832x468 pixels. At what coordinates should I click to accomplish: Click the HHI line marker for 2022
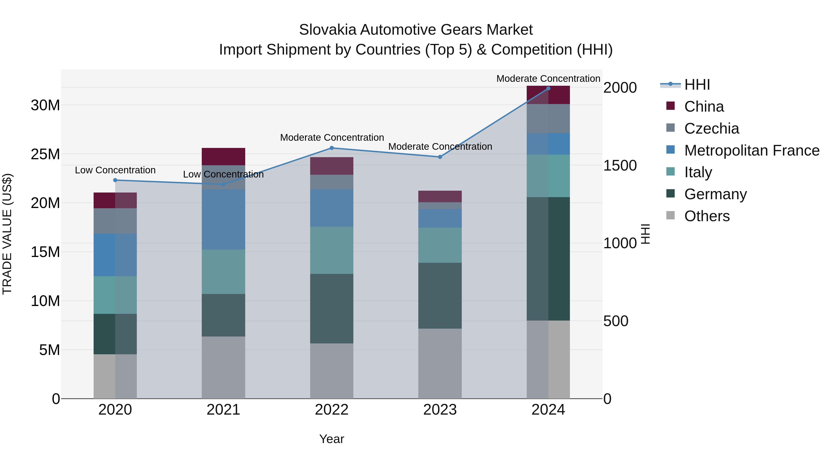tap(332, 148)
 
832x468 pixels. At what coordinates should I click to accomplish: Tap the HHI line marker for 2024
tap(548, 89)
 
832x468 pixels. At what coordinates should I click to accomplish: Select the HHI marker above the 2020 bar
tap(115, 180)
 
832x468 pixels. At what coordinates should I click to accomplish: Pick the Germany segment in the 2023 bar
tap(440, 296)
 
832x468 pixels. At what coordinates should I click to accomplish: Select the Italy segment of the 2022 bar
tap(332, 250)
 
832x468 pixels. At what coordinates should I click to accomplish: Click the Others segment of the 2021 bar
tap(223, 367)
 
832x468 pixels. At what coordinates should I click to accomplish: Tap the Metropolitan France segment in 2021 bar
tap(223, 219)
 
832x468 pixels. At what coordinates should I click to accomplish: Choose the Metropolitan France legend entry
tap(752, 150)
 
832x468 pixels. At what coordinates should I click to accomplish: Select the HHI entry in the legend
tap(697, 85)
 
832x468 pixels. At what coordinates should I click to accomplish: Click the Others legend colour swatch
tap(670, 215)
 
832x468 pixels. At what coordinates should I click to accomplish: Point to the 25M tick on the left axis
tap(45, 154)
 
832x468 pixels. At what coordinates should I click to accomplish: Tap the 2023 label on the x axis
tap(440, 410)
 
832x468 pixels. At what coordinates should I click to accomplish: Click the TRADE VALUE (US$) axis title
tap(7, 234)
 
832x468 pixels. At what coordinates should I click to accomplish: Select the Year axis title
tap(332, 439)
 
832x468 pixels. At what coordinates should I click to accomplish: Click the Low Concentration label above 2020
tap(115, 170)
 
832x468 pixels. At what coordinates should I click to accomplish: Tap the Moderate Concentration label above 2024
tap(548, 79)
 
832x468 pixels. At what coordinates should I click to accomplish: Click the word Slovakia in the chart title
tap(327, 30)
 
